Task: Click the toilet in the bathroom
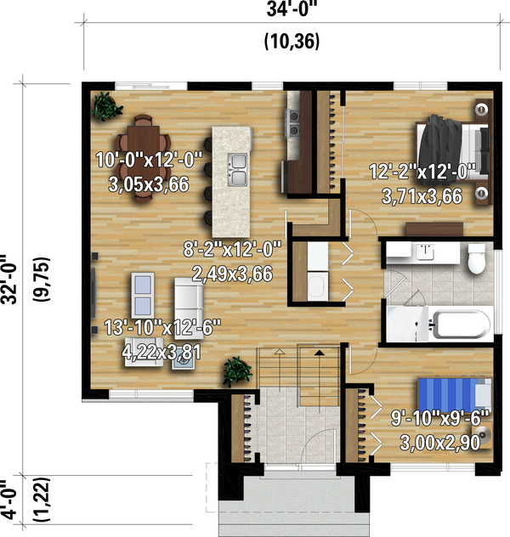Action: pos(476,257)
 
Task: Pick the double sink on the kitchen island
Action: pos(237,169)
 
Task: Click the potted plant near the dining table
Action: pos(106,106)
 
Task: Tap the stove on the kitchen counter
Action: pos(294,123)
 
